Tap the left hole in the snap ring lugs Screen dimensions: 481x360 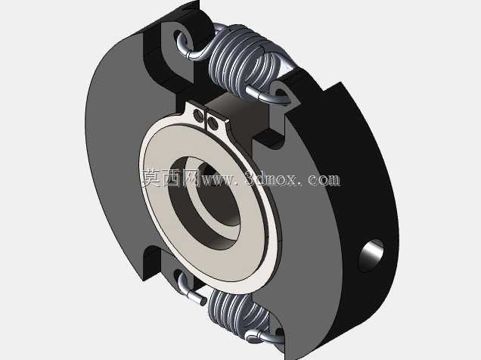(x=198, y=115)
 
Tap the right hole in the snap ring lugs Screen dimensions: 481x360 (x=213, y=123)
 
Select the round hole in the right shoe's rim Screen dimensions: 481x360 (x=371, y=256)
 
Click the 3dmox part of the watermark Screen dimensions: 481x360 (x=272, y=179)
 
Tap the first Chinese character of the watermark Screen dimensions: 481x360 (x=151, y=178)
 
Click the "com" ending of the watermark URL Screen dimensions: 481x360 (x=324, y=180)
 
